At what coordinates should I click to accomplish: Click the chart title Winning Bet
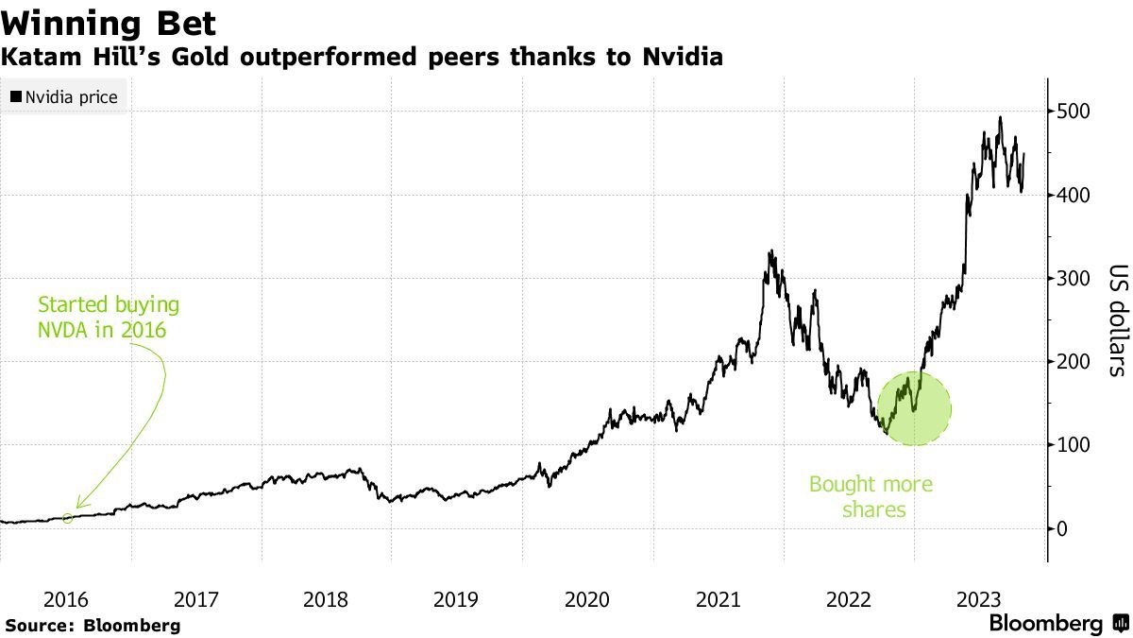point(109,23)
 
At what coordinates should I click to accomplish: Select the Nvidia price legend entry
point(64,96)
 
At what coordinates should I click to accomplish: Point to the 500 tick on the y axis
point(1075,112)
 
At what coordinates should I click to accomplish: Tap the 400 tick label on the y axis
point(1075,195)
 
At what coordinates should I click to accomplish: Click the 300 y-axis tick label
point(1075,278)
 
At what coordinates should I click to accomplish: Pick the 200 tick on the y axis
point(1075,361)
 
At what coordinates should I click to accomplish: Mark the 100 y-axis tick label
point(1075,445)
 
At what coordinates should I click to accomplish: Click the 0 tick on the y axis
point(1062,528)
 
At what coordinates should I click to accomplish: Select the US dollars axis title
point(1117,319)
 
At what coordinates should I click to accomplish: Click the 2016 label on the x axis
point(66,599)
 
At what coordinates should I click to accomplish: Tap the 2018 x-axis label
point(327,599)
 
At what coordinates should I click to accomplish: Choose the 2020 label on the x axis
point(587,599)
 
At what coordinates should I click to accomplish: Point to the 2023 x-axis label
point(979,599)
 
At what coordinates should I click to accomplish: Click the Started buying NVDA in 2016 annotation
point(108,317)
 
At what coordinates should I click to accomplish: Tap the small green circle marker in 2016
point(67,517)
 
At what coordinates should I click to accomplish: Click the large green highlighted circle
point(914,408)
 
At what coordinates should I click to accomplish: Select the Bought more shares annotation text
point(871,497)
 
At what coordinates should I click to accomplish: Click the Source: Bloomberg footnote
point(92,626)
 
